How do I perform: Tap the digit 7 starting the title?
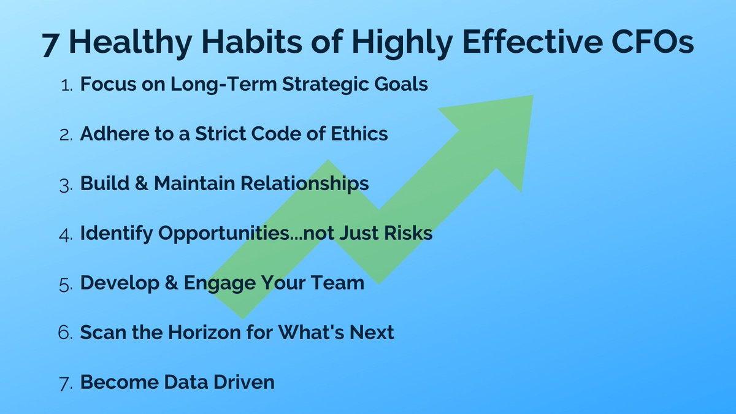50,44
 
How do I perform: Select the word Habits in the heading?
225,44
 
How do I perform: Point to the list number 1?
68,85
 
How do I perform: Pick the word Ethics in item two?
361,134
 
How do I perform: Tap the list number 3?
67,184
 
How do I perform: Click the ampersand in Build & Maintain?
140,183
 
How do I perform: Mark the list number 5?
67,283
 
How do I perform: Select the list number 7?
67,383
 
